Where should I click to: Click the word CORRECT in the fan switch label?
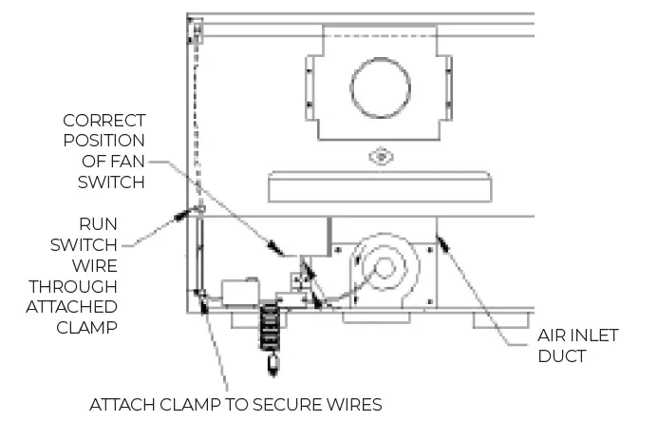pyautogui.click(x=104, y=121)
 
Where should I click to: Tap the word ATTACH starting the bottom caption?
pyautogui.click(x=120, y=405)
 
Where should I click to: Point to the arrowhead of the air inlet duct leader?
pyautogui.click(x=442, y=245)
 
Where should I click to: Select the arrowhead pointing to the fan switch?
pyautogui.click(x=274, y=248)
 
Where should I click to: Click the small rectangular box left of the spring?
pyautogui.click(x=238, y=292)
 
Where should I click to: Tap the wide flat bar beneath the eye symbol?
pyautogui.click(x=380, y=186)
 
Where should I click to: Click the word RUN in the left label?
pyautogui.click(x=98, y=223)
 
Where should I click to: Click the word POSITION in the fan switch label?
pyautogui.click(x=105, y=141)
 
